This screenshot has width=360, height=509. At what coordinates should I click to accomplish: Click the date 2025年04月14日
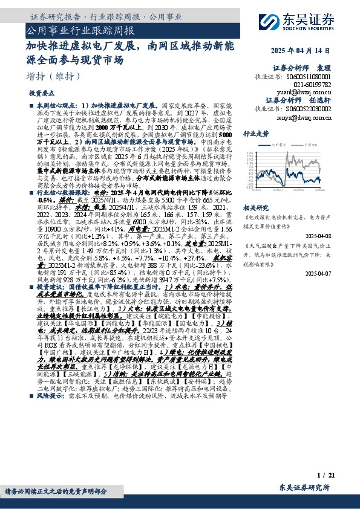[312, 50]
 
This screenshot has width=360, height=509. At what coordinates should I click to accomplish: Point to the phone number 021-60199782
[315, 85]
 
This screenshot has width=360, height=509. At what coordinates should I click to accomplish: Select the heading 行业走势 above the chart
[255, 133]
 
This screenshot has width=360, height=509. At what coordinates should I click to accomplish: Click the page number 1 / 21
[326, 476]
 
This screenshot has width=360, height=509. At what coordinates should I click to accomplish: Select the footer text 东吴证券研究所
[304, 487]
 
